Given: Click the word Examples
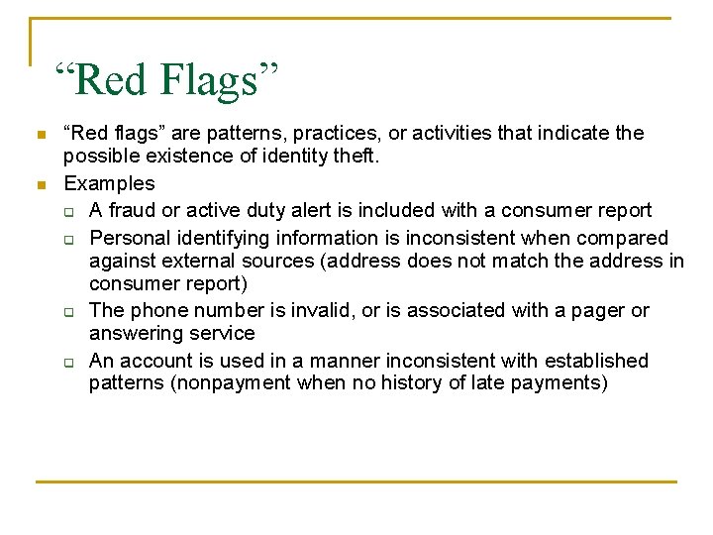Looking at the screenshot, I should point(109,183).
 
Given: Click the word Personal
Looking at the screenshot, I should point(127,238).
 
